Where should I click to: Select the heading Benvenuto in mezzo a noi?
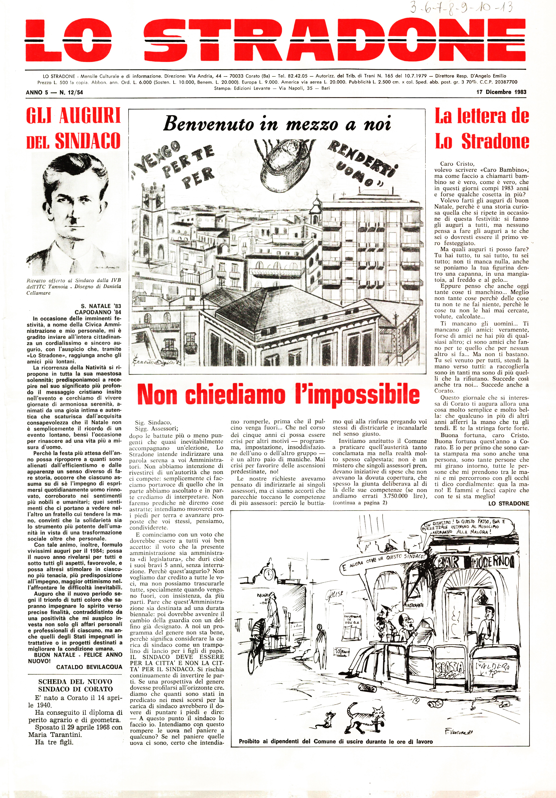tap(277, 124)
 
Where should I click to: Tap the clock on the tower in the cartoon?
tap(268, 574)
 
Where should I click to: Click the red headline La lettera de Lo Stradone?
tap(482, 129)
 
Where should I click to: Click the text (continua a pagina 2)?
tap(360, 503)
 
